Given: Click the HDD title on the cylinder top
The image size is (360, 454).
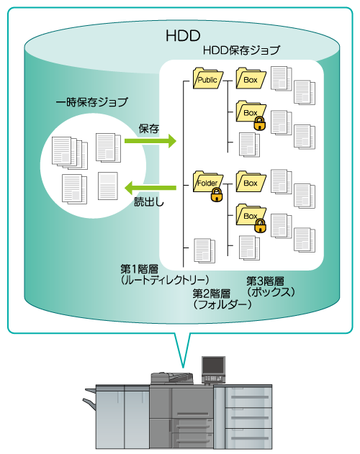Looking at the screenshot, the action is coord(183,35).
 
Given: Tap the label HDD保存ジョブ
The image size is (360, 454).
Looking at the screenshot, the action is coord(241,50).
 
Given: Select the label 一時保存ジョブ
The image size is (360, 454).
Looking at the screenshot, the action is coord(91,102).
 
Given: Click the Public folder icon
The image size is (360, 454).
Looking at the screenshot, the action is coord(208,78).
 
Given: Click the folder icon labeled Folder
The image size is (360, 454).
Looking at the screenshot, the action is coord(207,181).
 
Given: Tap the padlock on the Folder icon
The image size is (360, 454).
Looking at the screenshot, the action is coord(217,194).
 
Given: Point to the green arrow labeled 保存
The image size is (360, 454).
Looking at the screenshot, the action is coord(150,141).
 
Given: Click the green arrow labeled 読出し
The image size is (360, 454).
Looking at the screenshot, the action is coord(150,188).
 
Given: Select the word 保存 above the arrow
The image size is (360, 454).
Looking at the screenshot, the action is coord(149,129).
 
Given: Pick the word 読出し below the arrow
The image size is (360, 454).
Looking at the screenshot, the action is coord(149,201).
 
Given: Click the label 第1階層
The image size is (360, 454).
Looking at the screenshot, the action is coord(139,269).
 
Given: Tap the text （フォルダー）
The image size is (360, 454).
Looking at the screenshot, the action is coord(222,304).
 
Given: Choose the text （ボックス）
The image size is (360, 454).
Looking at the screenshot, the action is coord(271,291).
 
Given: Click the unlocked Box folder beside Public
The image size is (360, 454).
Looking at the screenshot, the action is coord(251,78).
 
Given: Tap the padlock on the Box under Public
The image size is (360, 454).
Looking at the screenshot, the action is coord(259,124).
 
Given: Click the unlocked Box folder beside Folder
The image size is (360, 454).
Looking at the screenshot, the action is coord(251,181).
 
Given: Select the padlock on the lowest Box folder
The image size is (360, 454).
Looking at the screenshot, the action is coord(260,225).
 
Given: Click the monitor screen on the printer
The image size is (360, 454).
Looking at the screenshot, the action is coord(213,366).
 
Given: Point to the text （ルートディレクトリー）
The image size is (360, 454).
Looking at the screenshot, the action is coord(165,280).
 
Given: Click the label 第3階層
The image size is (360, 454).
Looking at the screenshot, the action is coord(265,281).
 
